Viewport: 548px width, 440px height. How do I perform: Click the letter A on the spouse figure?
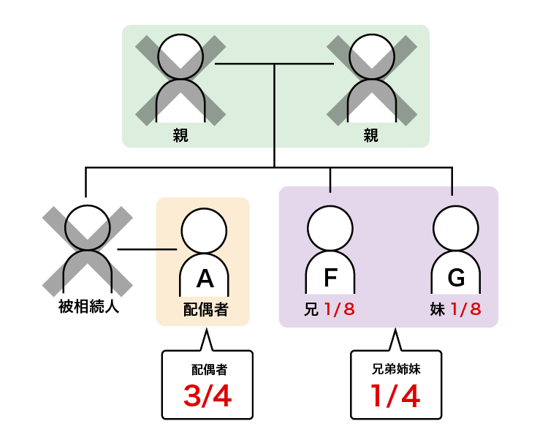tap(205, 278)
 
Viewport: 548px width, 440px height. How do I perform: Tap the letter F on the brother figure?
tap(330, 278)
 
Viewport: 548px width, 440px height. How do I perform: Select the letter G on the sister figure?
tap(456, 278)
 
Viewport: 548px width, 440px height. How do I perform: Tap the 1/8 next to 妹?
tap(465, 309)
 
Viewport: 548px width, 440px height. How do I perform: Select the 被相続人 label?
tap(88, 307)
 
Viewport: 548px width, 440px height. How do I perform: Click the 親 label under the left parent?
tap(180, 135)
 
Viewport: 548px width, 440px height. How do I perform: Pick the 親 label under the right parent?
tap(371, 135)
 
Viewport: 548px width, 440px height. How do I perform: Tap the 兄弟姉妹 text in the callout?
tap(396, 369)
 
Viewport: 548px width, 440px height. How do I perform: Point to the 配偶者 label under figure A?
tap(205, 309)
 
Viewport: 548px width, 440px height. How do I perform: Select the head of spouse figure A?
tap(205, 230)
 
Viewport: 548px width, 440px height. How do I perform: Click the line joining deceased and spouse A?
tap(146, 250)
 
